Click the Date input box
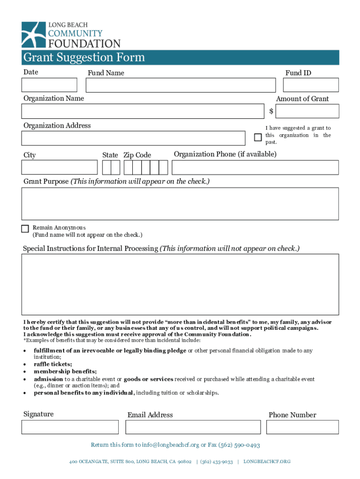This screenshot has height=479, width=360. click(x=49, y=85)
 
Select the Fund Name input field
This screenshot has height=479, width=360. click(x=180, y=85)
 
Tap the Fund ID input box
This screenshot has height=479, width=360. click(x=311, y=85)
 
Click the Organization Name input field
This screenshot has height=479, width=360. click(x=143, y=111)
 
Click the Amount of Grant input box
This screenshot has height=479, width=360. click(x=307, y=111)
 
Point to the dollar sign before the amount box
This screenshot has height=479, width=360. click(x=271, y=111)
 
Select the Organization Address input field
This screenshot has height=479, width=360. click(x=133, y=138)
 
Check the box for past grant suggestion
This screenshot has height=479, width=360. click(x=258, y=137)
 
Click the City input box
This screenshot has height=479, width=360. click(x=59, y=167)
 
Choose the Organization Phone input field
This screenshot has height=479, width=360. click(x=256, y=167)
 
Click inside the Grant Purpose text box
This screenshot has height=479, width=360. click(x=180, y=203)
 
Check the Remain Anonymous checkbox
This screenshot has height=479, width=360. click(x=25, y=229)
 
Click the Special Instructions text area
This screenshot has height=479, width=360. click(x=180, y=284)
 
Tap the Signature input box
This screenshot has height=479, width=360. click(x=70, y=427)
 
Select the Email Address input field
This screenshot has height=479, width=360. click(x=193, y=427)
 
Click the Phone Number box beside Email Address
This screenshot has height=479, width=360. click(x=302, y=427)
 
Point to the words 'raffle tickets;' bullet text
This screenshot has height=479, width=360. click(x=53, y=364)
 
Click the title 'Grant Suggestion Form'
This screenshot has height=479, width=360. click(x=84, y=58)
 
